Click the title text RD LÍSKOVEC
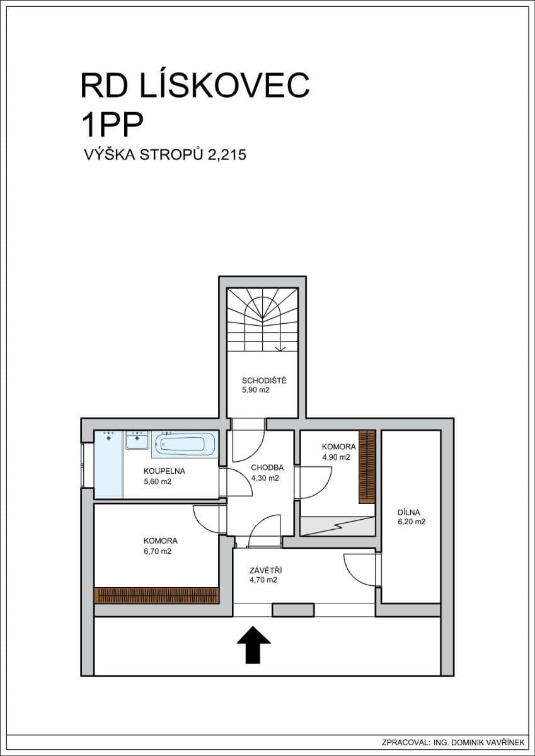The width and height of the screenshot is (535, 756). point(195,86)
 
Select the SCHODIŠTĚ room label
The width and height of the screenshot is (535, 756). point(264,380)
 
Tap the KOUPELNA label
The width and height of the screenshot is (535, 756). point(164,471)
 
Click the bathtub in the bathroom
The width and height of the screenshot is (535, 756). point(185,444)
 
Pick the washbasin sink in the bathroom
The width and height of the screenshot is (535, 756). point(137,440)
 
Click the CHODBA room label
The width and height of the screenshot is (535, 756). point(267,467)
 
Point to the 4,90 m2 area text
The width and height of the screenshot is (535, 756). point(336,457)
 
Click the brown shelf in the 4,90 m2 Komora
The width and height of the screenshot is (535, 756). point(367,466)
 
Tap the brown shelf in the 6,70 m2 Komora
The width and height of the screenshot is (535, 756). point(156,595)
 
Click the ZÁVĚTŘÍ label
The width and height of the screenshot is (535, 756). point(263,570)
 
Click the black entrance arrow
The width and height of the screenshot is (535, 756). point(253,644)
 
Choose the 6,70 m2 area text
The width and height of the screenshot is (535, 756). point(157,551)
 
